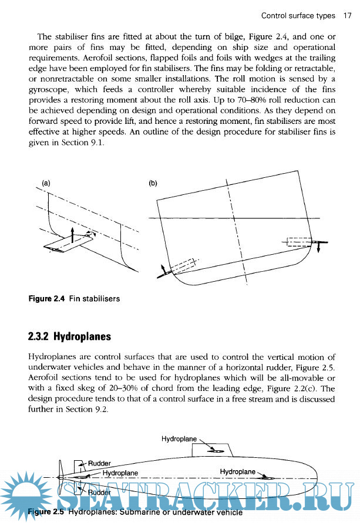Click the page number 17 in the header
(347, 15)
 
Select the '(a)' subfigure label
(45, 183)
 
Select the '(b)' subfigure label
(153, 183)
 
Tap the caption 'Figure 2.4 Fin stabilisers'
(75, 299)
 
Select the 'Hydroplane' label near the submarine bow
(238, 471)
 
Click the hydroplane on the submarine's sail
(216, 451)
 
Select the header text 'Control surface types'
(298, 15)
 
